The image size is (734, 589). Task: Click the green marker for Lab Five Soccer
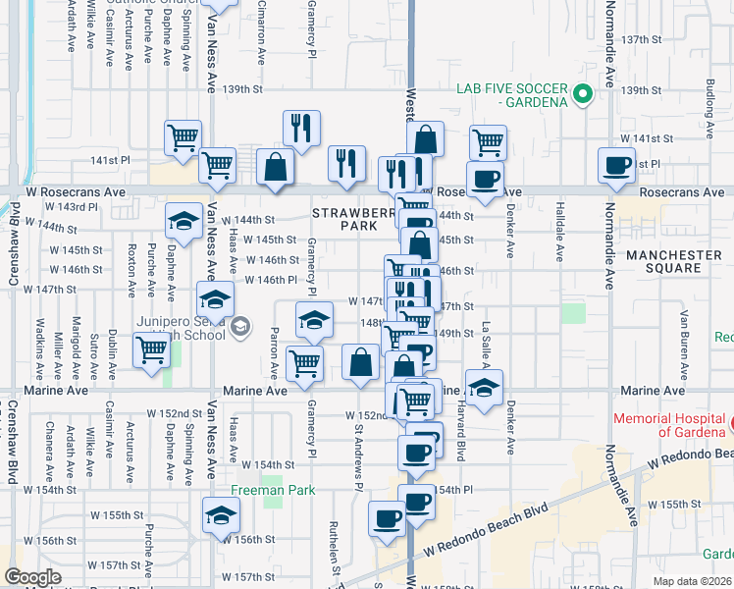582,95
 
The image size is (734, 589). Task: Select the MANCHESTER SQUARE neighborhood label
674,263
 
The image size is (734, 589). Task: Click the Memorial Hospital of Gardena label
668,425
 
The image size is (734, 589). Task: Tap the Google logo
31,577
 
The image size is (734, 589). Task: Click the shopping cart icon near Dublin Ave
151,350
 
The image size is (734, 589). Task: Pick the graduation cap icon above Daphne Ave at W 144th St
183,221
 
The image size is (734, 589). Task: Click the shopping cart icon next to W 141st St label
488,142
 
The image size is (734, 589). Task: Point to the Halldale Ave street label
559,239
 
